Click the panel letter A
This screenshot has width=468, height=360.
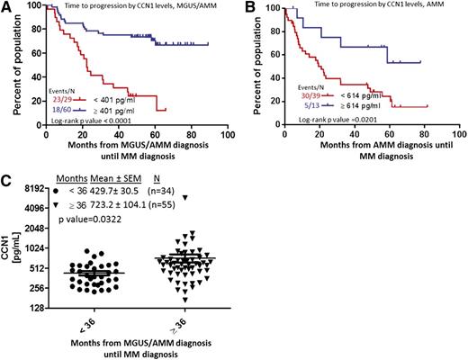pos(7,7)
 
